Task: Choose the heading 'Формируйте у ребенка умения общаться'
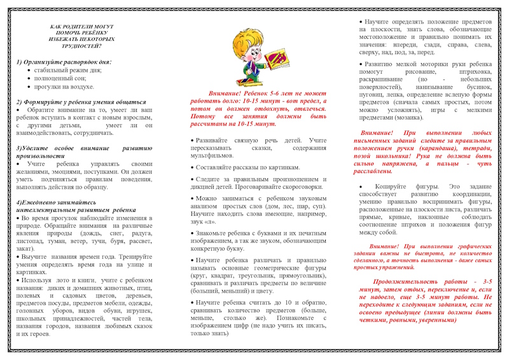76,102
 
